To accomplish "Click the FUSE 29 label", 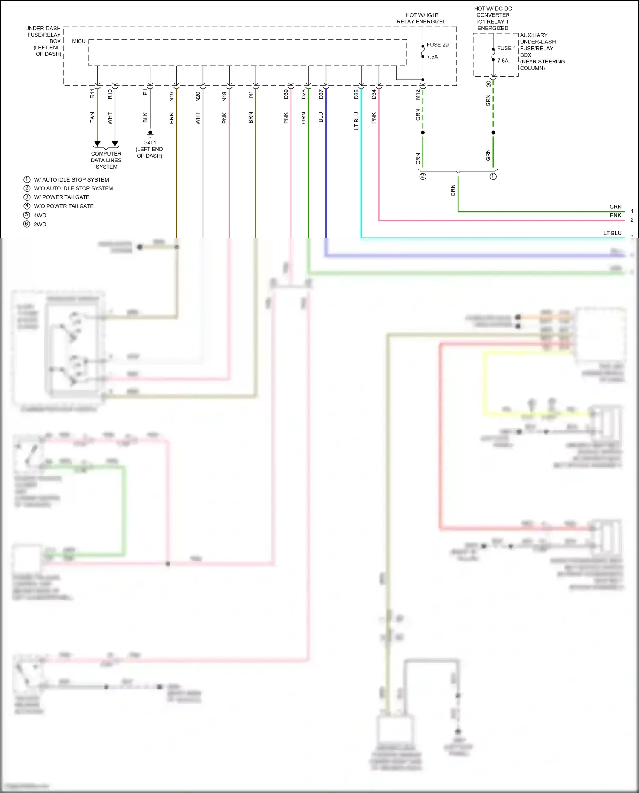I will coord(437,45).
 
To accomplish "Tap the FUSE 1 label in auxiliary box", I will coord(506,48).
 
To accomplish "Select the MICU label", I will coord(79,41).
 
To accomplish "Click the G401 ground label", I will coord(150,143).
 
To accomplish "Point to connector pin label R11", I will coord(92,94).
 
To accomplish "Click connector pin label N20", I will coord(198,97).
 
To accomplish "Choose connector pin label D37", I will coord(321,95).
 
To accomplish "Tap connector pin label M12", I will coord(418,95).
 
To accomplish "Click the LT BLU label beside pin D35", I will coord(357,121).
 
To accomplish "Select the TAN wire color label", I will coord(92,118).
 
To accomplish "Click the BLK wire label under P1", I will coord(145,118).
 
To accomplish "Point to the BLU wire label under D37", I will coord(321,118).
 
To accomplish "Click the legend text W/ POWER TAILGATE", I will coord(61,197).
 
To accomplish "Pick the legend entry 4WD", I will coord(40,216).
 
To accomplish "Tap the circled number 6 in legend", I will coord(27,224).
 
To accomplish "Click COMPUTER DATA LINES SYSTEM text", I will coord(106,160).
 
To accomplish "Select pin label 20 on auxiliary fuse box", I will coord(489,84).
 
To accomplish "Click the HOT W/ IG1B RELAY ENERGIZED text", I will coord(421,18).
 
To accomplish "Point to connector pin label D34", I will coord(374,95).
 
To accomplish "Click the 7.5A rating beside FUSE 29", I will coord(432,57).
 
